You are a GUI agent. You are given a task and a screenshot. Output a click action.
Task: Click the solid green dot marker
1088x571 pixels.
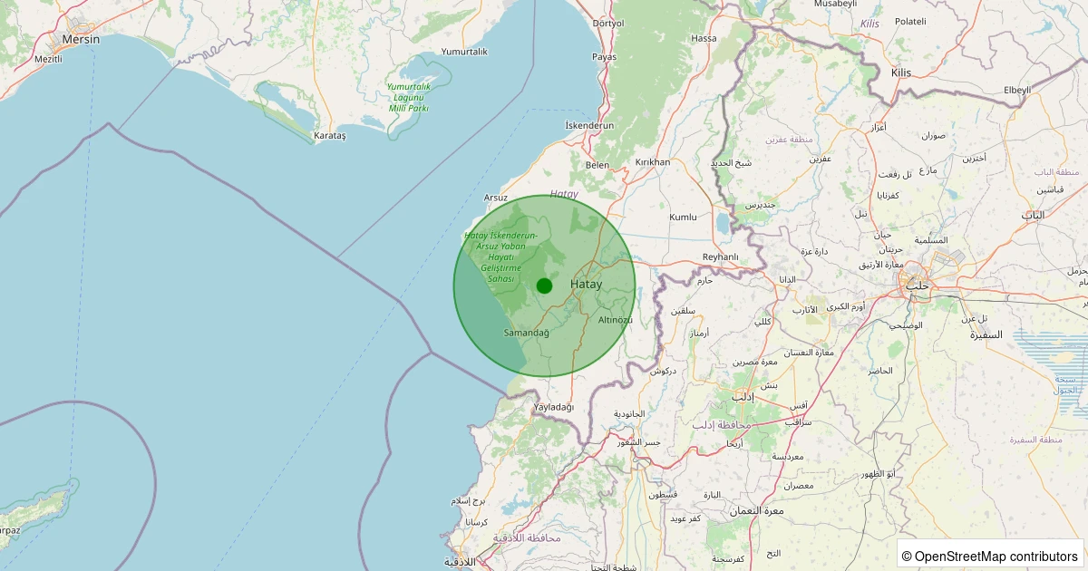click(544, 285)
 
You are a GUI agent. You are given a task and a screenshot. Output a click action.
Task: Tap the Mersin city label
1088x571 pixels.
click(81, 40)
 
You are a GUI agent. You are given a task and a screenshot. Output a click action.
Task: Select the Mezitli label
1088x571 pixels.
click(47, 59)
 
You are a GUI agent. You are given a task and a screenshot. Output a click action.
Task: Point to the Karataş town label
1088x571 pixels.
click(329, 136)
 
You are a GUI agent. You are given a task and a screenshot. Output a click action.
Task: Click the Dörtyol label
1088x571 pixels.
click(607, 24)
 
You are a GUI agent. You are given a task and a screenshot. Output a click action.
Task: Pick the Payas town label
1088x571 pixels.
click(604, 56)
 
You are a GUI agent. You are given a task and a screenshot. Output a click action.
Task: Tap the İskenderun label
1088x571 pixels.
click(589, 125)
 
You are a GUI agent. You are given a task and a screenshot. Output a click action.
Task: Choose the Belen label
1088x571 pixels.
click(597, 165)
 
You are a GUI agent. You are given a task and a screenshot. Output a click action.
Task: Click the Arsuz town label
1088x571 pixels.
click(496, 197)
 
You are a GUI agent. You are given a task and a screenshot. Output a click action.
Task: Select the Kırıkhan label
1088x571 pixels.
click(652, 162)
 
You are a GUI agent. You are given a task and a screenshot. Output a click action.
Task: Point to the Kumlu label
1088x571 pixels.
click(683, 218)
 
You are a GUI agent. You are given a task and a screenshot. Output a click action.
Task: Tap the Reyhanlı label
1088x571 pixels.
click(721, 257)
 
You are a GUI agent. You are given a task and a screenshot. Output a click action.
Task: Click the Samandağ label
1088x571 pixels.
click(527, 333)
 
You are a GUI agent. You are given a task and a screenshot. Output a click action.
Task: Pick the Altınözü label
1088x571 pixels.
click(616, 320)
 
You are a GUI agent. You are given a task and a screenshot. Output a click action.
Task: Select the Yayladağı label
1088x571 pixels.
click(554, 407)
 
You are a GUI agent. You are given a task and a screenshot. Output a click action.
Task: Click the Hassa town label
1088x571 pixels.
click(704, 38)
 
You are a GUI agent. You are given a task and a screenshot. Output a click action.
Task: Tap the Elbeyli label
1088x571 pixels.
click(1017, 90)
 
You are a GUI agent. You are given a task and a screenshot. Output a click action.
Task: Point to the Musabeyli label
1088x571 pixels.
click(835, 5)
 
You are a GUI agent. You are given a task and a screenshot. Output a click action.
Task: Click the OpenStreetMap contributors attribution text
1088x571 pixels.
click(990, 556)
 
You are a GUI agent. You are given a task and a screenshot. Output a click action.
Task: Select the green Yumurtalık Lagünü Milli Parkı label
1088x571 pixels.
click(408, 97)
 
